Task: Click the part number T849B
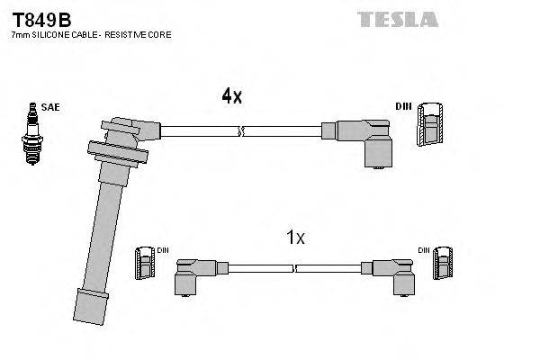click(41, 19)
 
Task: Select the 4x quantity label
click(232, 95)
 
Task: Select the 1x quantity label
click(295, 238)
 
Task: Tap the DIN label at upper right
click(401, 107)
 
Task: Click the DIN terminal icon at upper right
click(429, 125)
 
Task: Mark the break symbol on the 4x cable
click(239, 132)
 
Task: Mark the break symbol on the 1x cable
click(295, 267)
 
